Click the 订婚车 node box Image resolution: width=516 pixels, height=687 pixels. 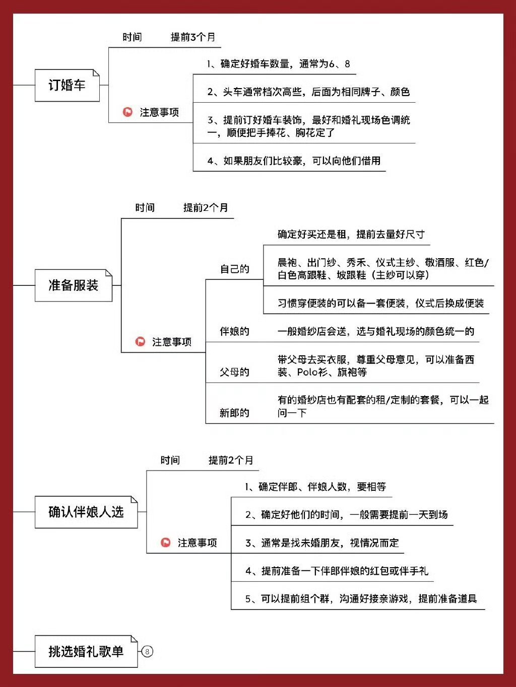tap(67, 86)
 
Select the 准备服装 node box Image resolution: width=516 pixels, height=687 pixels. tap(73, 285)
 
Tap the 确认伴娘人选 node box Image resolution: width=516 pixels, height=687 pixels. tap(86, 512)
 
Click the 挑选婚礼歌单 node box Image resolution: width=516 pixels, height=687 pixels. tap(86, 651)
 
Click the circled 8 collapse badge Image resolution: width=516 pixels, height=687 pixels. tap(147, 651)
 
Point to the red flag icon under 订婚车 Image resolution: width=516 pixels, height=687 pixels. tap(127, 112)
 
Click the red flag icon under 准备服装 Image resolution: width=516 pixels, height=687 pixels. tap(140, 341)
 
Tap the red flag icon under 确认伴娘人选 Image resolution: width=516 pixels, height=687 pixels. tap(165, 543)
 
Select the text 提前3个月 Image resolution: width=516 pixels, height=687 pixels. tap(192, 37)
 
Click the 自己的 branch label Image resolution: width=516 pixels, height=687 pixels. tap(234, 269)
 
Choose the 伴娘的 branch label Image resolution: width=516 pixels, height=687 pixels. tap(234, 331)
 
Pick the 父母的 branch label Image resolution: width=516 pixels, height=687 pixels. tap(234, 372)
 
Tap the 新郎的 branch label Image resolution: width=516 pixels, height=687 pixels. tap(234, 413)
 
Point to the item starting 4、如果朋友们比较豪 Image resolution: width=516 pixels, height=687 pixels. tap(294, 161)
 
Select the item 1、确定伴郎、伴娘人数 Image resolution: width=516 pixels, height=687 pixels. tap(315, 487)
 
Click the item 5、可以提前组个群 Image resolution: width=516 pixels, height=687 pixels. tap(361, 599)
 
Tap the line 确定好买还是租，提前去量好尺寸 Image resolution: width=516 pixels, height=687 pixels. tap(351, 234)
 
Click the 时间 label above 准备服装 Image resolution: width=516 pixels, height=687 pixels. tap(145, 207)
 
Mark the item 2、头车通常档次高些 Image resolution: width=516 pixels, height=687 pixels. tap(308, 92)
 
